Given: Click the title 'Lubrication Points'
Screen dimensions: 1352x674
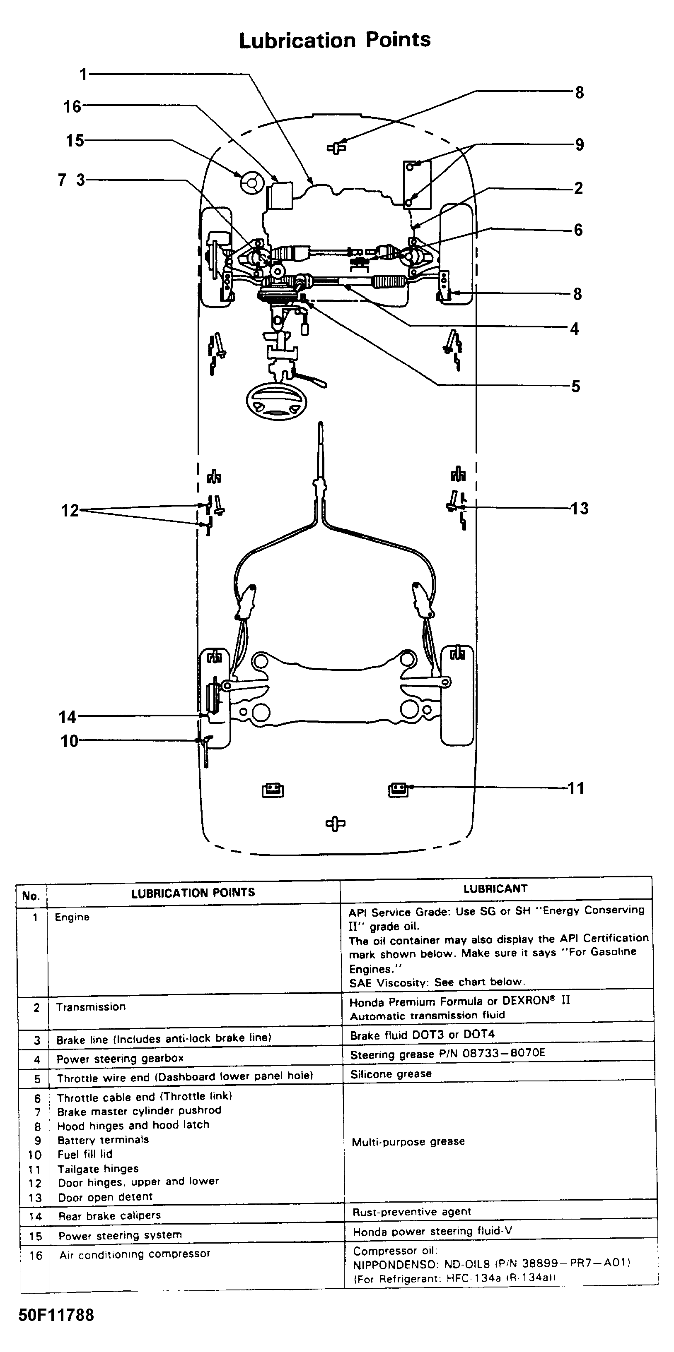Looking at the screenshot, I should click(x=335, y=41).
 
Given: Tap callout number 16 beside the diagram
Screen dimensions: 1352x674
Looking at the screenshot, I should click(x=72, y=107).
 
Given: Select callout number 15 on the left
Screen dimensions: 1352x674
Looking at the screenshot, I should click(x=75, y=141).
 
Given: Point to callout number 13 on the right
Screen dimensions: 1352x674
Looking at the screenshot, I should click(x=580, y=508).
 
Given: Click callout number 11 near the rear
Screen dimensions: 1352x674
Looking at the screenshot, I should click(x=576, y=788).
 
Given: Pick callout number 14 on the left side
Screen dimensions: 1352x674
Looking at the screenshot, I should click(x=68, y=716).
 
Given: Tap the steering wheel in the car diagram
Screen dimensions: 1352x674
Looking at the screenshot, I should click(x=276, y=403).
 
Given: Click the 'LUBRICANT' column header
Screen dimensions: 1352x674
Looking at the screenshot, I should click(x=495, y=889).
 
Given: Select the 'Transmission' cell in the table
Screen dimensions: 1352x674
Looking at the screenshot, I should click(x=91, y=1006).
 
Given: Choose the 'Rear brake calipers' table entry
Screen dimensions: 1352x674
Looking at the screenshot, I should click(x=109, y=1215).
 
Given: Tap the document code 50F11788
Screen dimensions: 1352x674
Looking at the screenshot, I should click(x=56, y=1315).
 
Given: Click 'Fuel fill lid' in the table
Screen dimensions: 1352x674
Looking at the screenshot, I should click(x=85, y=1154).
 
